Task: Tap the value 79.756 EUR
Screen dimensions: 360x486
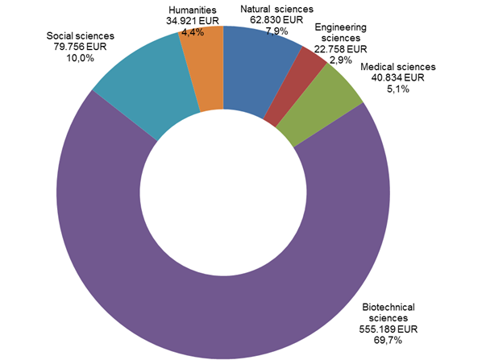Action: [81, 48]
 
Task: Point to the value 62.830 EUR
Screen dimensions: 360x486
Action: [270, 21]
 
